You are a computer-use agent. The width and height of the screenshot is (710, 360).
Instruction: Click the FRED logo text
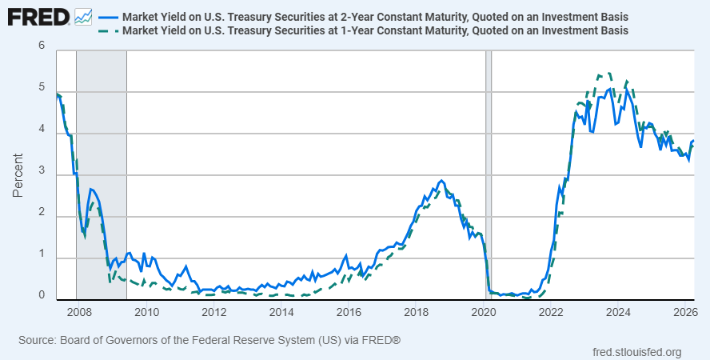[x=38, y=18]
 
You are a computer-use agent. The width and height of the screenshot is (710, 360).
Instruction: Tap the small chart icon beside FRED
[x=83, y=18]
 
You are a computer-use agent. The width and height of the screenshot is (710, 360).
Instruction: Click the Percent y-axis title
[x=18, y=175]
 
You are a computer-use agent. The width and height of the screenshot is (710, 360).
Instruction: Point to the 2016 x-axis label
[x=349, y=313]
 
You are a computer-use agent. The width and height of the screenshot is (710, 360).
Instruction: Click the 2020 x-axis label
[x=484, y=313]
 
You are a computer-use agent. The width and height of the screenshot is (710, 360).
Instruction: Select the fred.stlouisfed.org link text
[x=636, y=352]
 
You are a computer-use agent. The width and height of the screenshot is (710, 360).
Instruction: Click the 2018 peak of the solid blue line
[x=441, y=181]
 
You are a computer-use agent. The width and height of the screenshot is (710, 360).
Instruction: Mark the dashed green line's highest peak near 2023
[x=609, y=73]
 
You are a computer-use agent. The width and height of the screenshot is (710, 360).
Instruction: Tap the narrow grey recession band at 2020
[x=488, y=174]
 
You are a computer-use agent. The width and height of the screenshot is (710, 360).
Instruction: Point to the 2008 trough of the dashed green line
[x=85, y=235]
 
